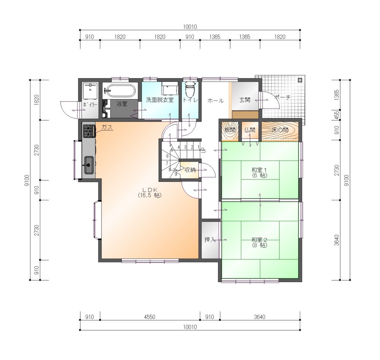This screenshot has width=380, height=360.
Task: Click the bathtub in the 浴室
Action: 120,90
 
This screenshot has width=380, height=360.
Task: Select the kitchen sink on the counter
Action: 89,165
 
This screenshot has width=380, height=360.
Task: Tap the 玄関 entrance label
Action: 245,100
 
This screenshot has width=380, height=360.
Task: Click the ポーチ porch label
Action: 282,97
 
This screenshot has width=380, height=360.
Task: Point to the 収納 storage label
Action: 190,170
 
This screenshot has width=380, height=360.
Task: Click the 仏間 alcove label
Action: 250,130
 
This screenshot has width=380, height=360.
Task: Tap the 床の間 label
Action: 280,130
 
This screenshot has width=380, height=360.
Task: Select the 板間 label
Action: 230,130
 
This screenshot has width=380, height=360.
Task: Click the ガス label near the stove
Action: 107,127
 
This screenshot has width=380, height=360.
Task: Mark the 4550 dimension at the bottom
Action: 149,317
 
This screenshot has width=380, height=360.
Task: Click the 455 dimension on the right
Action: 336,114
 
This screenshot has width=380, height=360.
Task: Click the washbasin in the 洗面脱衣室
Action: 169,88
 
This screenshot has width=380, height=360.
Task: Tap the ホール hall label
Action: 215,101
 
